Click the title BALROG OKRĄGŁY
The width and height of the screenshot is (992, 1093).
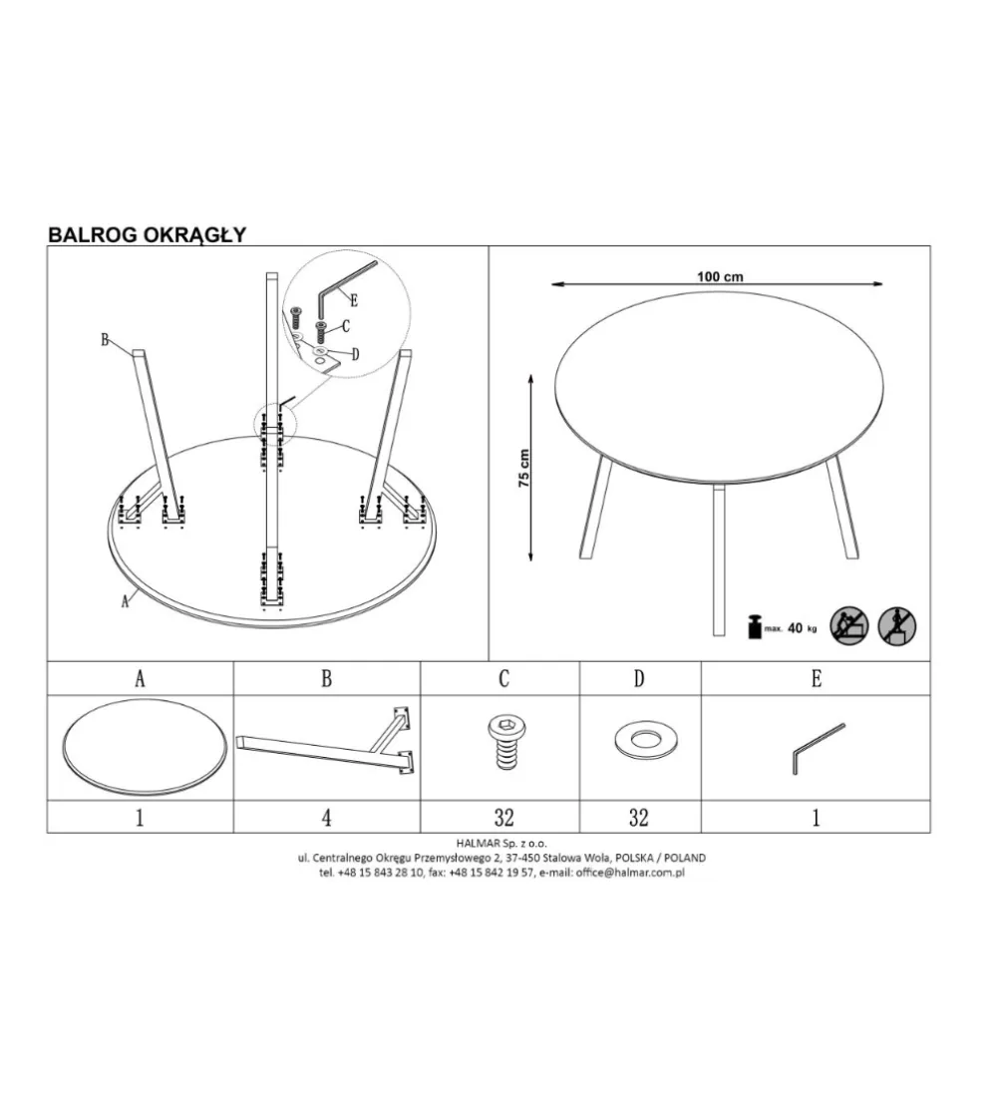[x=147, y=235]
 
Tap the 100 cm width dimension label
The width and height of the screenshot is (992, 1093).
[x=720, y=276]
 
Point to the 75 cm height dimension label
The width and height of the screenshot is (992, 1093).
[x=524, y=468]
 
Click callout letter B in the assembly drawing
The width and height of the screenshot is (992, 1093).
[x=106, y=340]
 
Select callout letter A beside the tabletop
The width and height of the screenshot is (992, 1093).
[x=126, y=601]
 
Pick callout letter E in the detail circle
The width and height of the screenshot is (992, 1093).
[x=354, y=301]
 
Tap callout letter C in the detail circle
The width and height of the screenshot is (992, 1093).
[x=346, y=326]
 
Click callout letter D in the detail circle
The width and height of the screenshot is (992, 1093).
[x=355, y=354]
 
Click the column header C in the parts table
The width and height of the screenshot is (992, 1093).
[x=503, y=678]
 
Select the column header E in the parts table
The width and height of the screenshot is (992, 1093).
[x=817, y=678]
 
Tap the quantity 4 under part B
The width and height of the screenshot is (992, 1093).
[x=327, y=817]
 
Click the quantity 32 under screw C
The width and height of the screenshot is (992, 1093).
[x=503, y=817]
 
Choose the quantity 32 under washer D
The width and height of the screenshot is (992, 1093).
[x=639, y=817]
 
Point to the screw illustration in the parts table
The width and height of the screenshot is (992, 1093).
[x=506, y=743]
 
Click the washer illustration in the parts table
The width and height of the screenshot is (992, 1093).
[x=646, y=740]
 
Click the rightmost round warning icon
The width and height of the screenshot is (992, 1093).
[x=896, y=625]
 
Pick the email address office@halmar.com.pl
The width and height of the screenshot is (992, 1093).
[x=630, y=872]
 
